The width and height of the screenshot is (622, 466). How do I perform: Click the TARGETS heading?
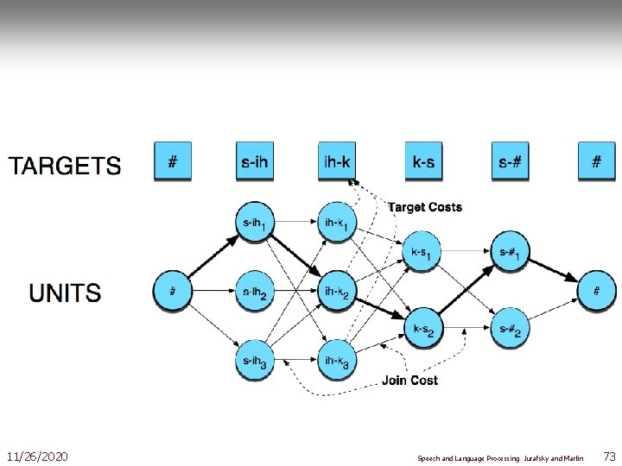(65, 165)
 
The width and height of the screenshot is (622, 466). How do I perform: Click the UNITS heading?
(65, 293)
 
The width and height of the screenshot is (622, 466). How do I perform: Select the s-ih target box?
(255, 161)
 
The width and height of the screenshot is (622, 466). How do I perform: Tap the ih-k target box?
(337, 161)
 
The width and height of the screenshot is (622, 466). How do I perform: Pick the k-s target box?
(423, 161)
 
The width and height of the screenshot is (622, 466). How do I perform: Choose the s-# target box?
(511, 161)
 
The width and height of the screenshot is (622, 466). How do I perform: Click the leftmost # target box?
(173, 161)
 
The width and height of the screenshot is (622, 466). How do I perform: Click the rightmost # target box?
(597, 161)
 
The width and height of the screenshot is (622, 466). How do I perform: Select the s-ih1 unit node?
(255, 224)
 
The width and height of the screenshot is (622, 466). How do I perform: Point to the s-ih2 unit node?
(255, 292)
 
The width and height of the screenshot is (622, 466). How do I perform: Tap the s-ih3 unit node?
(255, 361)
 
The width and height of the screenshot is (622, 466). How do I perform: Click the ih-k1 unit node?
(337, 224)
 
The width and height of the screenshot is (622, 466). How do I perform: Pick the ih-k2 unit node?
(337, 292)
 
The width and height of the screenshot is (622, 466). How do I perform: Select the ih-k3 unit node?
(337, 361)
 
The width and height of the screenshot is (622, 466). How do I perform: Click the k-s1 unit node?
(422, 253)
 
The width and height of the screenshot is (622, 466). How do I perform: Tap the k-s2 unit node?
(423, 329)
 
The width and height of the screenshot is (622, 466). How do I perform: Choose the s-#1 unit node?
(510, 253)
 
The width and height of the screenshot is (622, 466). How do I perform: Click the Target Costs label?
(425, 207)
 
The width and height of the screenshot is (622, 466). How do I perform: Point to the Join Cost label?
(410, 380)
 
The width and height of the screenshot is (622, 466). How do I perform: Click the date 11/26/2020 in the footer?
(37, 456)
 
